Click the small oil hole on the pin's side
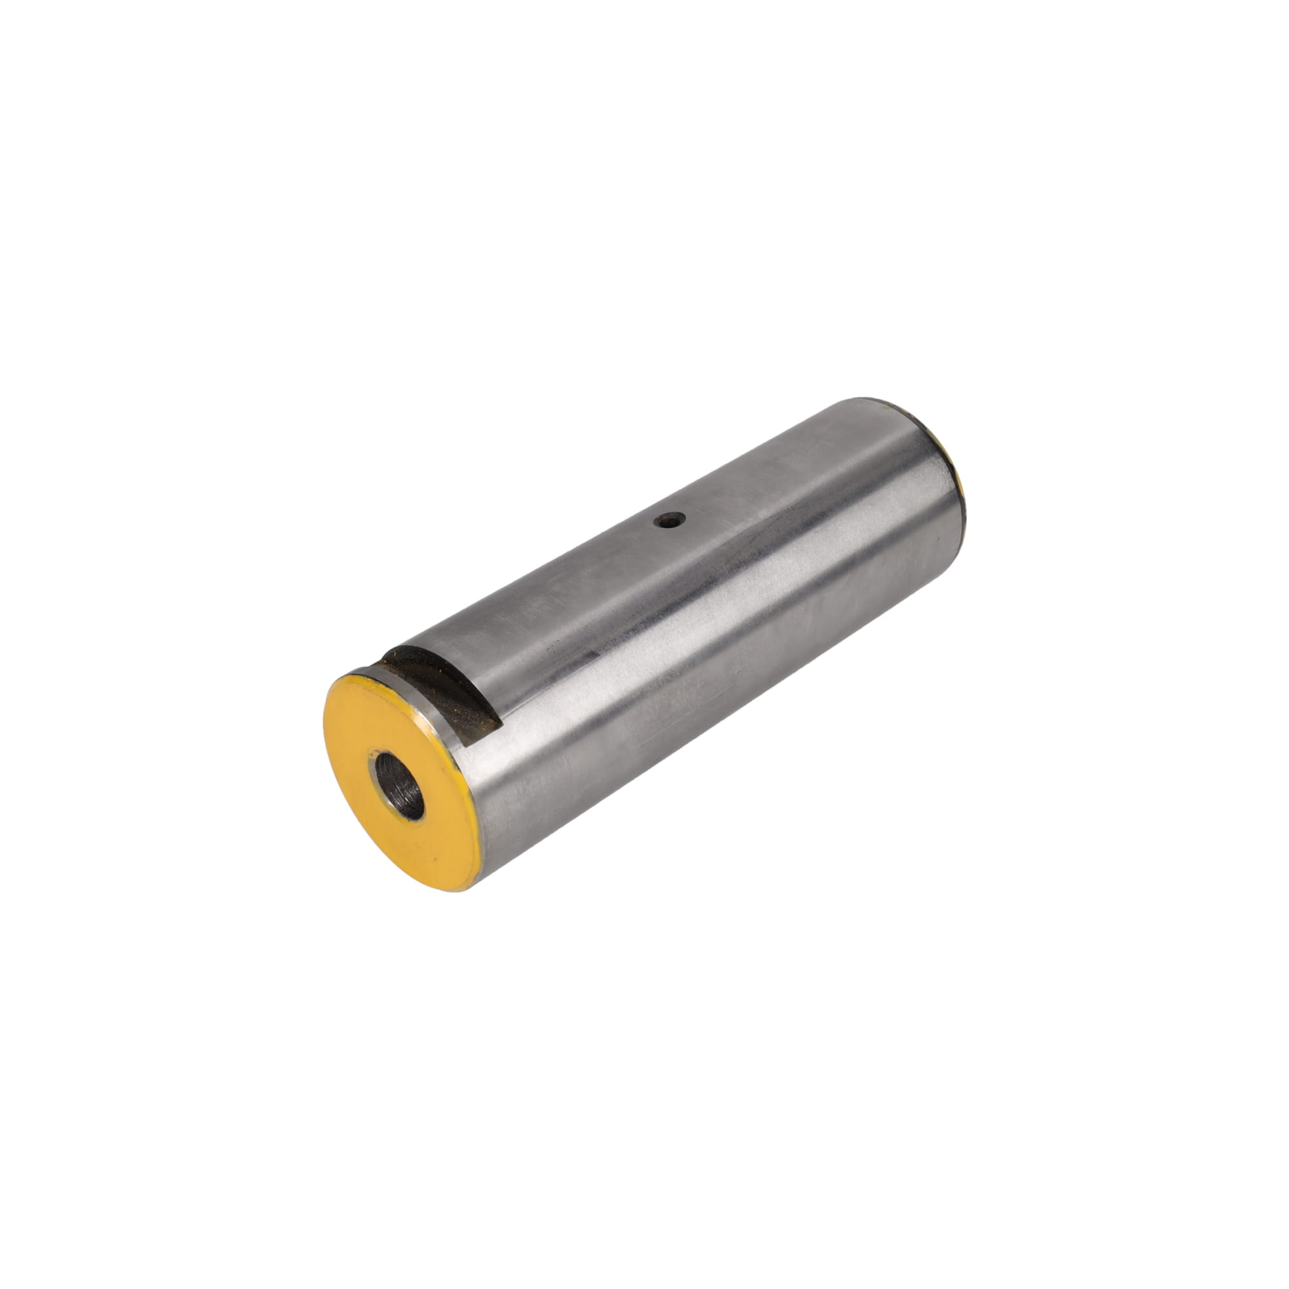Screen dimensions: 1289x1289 point(670,519)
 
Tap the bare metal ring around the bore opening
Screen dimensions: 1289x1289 point(374,767)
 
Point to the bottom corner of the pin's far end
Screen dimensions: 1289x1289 point(961,534)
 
